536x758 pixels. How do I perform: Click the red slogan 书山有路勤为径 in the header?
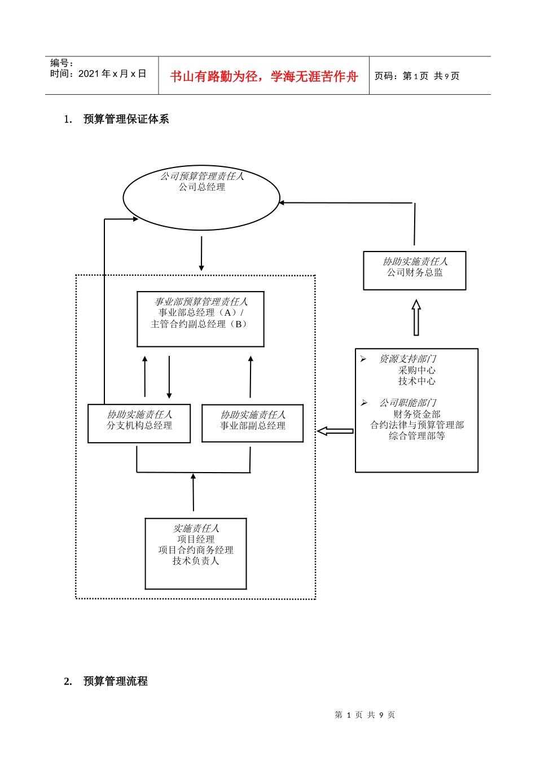(x=263, y=77)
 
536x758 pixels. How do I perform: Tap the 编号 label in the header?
(x=61, y=63)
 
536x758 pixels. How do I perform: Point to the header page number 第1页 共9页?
(x=417, y=76)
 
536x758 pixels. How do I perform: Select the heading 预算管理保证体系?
(x=126, y=119)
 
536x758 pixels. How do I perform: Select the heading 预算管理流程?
(x=115, y=681)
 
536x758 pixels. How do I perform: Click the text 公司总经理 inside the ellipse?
(x=202, y=187)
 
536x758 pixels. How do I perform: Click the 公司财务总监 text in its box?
(x=415, y=272)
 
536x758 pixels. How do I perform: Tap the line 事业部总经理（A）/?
(x=201, y=312)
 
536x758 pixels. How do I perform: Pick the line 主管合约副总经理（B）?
(x=200, y=324)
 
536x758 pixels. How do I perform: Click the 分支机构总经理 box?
(x=139, y=424)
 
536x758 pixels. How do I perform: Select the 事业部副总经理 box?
(x=253, y=424)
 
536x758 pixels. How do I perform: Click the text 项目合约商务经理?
(x=196, y=550)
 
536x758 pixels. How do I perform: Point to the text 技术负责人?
(x=196, y=561)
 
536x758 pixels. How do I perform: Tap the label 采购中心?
(x=416, y=370)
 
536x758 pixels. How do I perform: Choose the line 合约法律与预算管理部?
(x=417, y=425)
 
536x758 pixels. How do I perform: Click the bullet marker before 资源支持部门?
(x=363, y=359)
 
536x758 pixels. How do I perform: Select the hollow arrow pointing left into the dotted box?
(x=335, y=431)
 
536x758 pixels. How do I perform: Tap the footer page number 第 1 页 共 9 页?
(x=364, y=715)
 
